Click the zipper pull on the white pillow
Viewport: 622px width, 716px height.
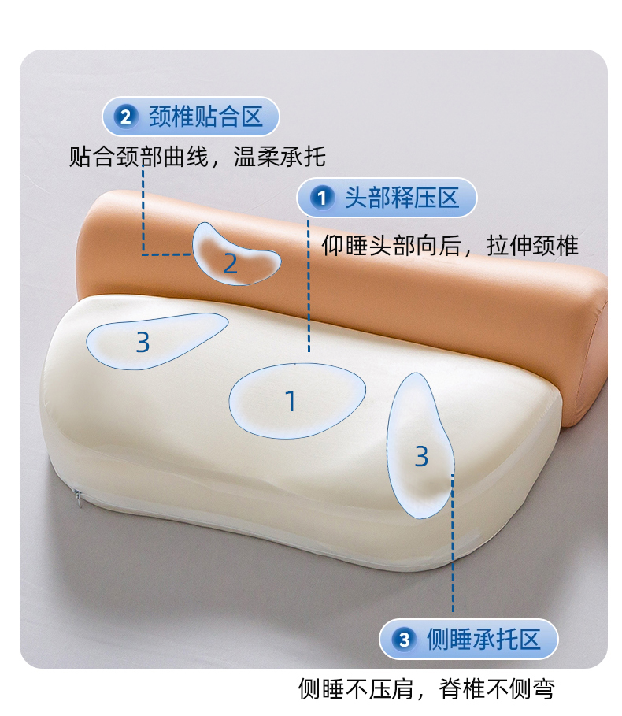click(x=78, y=498)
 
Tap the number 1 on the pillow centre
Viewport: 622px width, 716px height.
click(x=291, y=402)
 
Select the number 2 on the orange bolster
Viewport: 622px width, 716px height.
click(x=231, y=264)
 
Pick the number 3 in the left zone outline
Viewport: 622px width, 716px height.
click(x=143, y=342)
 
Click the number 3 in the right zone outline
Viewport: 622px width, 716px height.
click(x=422, y=456)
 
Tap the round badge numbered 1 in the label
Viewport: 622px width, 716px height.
click(x=322, y=198)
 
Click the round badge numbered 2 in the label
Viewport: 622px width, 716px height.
click(x=126, y=116)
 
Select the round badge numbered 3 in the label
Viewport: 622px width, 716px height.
click(x=405, y=640)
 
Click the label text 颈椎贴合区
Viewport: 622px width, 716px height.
click(x=205, y=116)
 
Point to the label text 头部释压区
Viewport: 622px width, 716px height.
click(x=402, y=198)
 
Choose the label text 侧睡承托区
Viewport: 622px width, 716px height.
click(x=483, y=640)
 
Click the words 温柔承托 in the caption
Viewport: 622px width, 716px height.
click(x=280, y=157)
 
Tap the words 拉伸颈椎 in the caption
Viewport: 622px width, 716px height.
click(x=532, y=246)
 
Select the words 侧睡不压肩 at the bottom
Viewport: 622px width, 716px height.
click(x=356, y=689)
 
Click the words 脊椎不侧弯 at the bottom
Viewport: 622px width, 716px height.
click(x=497, y=689)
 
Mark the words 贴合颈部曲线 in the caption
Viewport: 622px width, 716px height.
click(x=139, y=157)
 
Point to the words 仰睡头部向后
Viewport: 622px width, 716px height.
click(x=391, y=246)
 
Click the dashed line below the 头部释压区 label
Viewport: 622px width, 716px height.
click(x=309, y=285)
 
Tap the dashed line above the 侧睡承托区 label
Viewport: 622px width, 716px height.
click(x=453, y=543)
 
